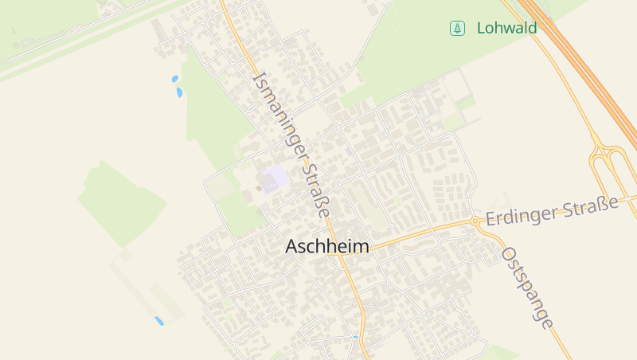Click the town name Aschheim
pyautogui.click(x=327, y=247)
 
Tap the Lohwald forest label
pyautogui.click(x=506, y=29)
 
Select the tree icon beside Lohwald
pyautogui.click(x=457, y=29)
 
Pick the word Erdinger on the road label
pyautogui.click(x=518, y=214)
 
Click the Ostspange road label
pyautogui.click(x=526, y=288)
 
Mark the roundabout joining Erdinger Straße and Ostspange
pyautogui.click(x=475, y=221)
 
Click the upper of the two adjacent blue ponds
pyautogui.click(x=174, y=79)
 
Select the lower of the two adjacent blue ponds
pyautogui.click(x=179, y=92)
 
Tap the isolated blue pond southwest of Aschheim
pyautogui.click(x=158, y=321)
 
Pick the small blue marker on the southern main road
pyautogui.click(x=355, y=338)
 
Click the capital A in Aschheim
pyautogui.click(x=292, y=247)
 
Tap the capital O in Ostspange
pyautogui.click(x=508, y=254)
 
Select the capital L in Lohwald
pyautogui.click(x=481, y=29)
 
